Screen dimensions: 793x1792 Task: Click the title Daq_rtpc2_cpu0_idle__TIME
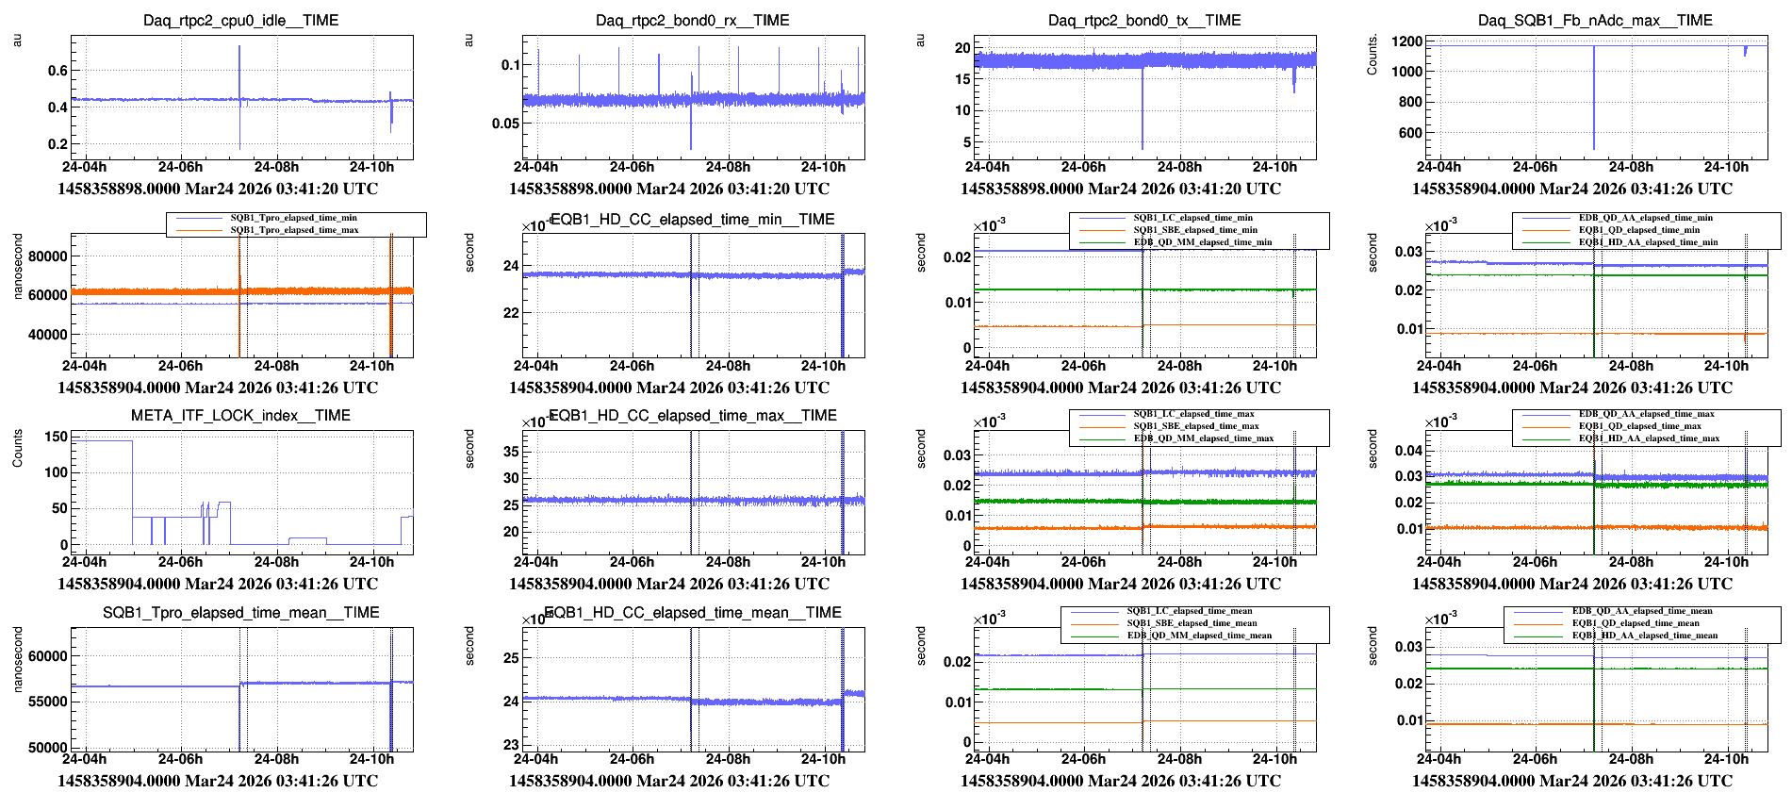tap(240, 20)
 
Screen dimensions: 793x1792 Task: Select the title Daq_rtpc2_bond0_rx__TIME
tap(692, 20)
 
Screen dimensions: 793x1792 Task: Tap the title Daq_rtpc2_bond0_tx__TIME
tap(1143, 20)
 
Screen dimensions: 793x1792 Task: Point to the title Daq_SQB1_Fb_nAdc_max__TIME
tap(1595, 20)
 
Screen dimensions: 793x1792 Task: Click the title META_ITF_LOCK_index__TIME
tap(240, 415)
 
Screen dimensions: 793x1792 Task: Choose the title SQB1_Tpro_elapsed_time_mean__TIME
tap(240, 612)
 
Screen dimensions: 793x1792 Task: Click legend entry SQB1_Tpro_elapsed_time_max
tap(294, 230)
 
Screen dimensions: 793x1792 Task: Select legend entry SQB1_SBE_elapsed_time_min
tap(1194, 230)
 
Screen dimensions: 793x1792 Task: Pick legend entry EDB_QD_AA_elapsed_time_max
tap(1646, 414)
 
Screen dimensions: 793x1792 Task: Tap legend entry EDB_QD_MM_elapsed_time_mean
tap(1199, 636)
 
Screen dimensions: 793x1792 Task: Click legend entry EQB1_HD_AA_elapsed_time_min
tap(1648, 242)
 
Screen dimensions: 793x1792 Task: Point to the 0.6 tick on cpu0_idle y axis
tap(58, 70)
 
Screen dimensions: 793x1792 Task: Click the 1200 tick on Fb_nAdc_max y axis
tap(1407, 41)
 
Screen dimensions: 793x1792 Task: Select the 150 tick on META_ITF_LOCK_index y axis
tap(57, 437)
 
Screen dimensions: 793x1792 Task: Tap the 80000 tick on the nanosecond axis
tap(48, 256)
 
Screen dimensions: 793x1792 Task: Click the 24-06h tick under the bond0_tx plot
tap(1083, 167)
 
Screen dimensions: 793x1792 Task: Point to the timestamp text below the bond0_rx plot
tap(669, 189)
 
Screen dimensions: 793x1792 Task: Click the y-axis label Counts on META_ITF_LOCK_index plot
tap(17, 448)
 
